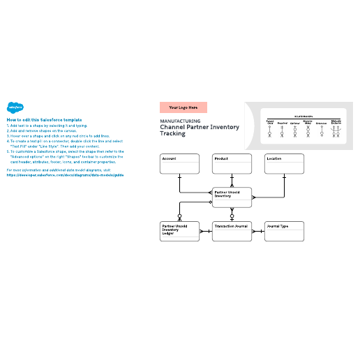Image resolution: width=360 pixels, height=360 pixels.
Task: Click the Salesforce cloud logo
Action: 15,107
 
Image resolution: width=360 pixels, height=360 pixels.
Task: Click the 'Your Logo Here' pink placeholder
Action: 183,107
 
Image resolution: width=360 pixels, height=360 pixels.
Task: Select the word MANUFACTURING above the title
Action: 180,121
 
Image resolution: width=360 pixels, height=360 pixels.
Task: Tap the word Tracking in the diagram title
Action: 172,134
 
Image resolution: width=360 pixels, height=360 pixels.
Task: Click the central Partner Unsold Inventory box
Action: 232,197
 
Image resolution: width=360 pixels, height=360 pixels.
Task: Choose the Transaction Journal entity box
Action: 232,232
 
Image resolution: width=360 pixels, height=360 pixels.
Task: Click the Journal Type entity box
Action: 284,232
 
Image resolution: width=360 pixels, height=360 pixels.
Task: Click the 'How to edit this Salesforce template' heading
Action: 43,119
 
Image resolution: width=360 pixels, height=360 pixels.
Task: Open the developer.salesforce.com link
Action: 65,175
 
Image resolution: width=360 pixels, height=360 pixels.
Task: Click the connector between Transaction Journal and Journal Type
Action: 258,232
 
